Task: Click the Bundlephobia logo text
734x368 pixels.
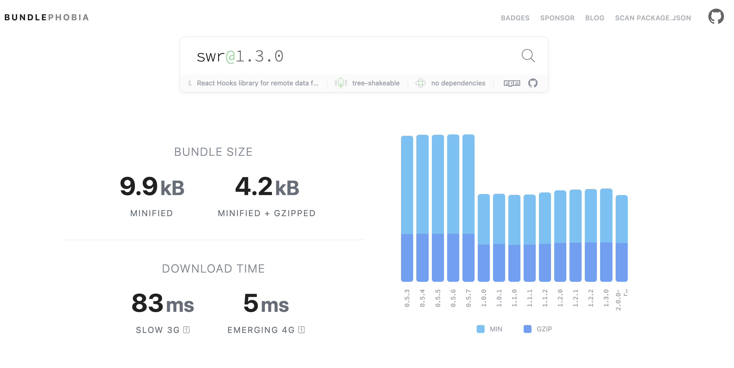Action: (46, 17)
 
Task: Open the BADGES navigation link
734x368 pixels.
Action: (515, 18)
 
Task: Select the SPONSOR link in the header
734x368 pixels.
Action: (557, 18)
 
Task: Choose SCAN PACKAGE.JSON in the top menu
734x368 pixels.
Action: (653, 18)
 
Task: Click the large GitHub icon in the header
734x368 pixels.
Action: (716, 17)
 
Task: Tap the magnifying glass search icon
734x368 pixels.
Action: (528, 56)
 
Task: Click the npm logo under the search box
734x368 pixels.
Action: (512, 83)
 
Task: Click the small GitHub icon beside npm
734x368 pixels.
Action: (533, 83)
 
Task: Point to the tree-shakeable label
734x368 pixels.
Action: (375, 83)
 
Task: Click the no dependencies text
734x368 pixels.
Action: (458, 83)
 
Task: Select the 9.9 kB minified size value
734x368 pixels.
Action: (152, 187)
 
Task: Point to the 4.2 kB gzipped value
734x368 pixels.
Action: (267, 187)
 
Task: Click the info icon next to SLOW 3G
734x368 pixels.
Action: (186, 330)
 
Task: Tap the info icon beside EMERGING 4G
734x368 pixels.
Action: (301, 330)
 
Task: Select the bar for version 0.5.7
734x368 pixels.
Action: (468, 208)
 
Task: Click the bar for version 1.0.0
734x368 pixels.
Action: (484, 238)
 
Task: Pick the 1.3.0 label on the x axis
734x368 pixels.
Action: (606, 298)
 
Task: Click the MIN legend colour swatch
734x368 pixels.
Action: (480, 329)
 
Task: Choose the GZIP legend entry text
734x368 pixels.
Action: (544, 329)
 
